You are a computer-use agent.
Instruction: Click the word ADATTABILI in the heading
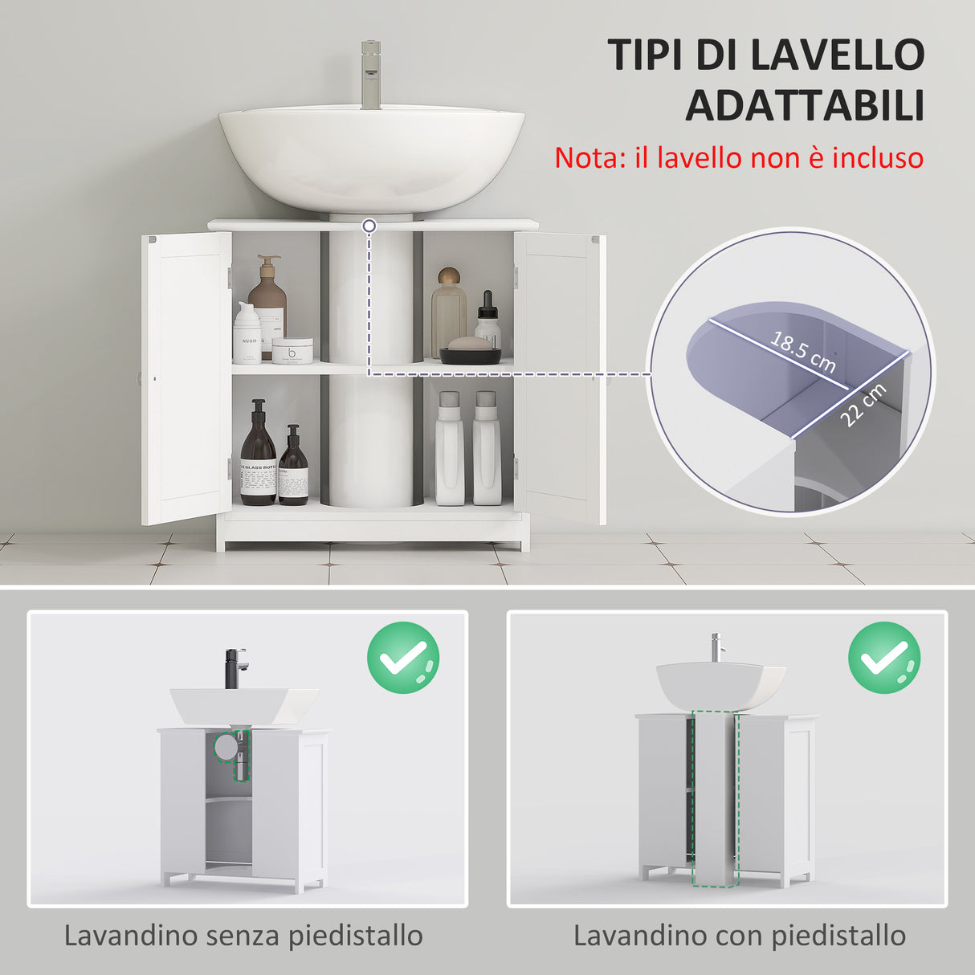805,106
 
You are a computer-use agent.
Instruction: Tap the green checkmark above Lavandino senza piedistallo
403,659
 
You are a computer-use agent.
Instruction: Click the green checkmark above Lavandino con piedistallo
884,659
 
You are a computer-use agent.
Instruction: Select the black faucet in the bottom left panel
236,667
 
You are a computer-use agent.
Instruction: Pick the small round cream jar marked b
292,351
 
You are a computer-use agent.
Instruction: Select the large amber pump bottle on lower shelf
258,455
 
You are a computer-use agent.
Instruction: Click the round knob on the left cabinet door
153,378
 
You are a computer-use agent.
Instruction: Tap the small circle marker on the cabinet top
369,226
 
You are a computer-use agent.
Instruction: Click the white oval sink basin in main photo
371,157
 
